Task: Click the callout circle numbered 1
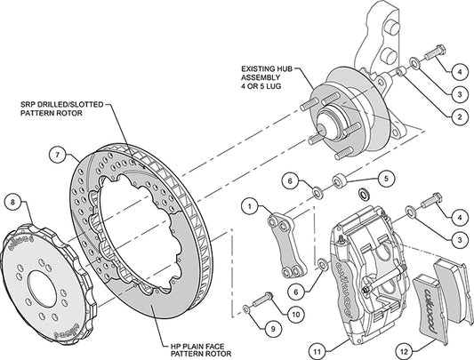click(x=250, y=207)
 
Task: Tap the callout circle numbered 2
click(x=460, y=116)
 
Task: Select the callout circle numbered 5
click(x=386, y=179)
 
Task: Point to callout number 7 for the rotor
click(x=58, y=155)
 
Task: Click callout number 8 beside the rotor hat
click(x=12, y=202)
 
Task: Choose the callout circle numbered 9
click(x=273, y=329)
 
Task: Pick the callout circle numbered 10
click(x=295, y=315)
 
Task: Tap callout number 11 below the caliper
click(x=317, y=351)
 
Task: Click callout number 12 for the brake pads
click(x=404, y=351)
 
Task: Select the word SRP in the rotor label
click(x=28, y=105)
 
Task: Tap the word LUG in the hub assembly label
click(x=274, y=86)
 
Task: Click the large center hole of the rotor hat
click(x=42, y=290)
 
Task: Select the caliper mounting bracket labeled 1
click(x=286, y=244)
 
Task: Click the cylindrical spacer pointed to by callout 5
click(x=339, y=180)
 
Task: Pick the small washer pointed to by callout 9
click(x=246, y=309)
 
